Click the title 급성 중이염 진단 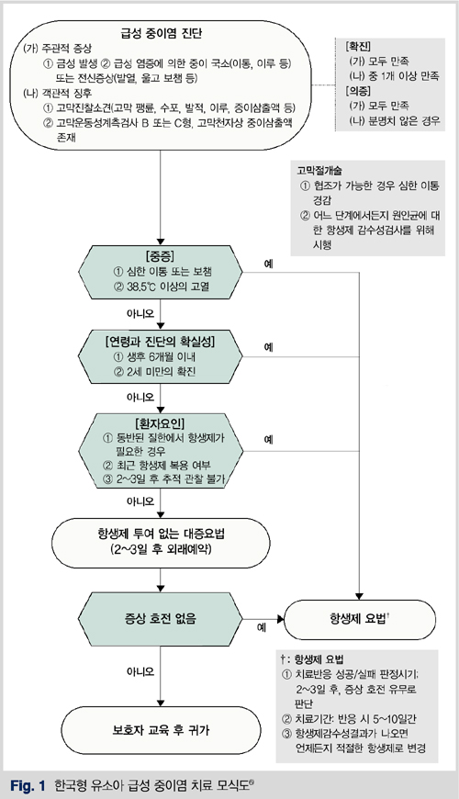(x=161, y=34)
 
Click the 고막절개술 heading (x=319, y=171)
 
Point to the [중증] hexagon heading (x=160, y=256)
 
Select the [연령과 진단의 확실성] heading (x=160, y=342)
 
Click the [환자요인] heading (x=160, y=423)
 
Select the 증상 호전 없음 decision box (x=161, y=619)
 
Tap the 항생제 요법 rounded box (x=360, y=619)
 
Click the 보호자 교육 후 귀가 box (x=161, y=730)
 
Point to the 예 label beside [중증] (x=268, y=264)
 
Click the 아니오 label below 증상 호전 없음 (x=140, y=672)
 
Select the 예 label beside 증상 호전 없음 (x=262, y=627)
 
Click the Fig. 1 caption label (x=28, y=785)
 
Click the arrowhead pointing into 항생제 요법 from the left (x=281, y=619)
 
